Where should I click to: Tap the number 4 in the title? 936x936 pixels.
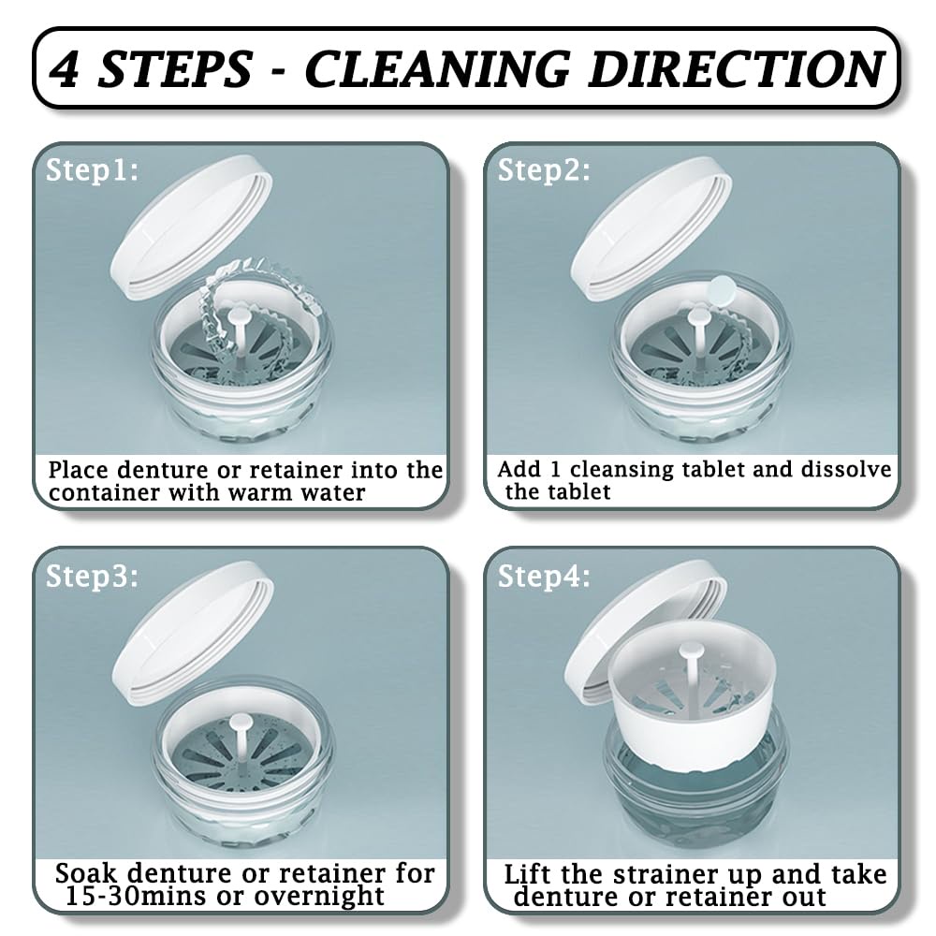(x=65, y=68)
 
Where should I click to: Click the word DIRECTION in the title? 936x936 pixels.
(x=736, y=68)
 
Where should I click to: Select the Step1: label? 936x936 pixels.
(x=92, y=170)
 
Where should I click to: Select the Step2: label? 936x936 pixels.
(x=544, y=170)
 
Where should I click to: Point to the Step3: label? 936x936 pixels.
(x=92, y=577)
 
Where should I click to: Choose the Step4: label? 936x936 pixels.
(x=544, y=577)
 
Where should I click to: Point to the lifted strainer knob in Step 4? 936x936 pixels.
(x=692, y=649)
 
